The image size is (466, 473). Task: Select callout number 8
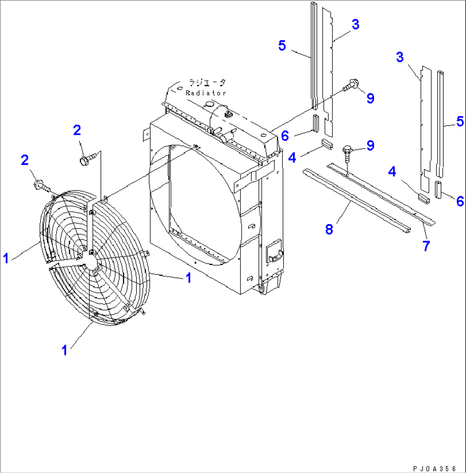(328, 229)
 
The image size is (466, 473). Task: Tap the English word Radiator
(206, 92)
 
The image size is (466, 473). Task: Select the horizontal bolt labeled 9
(351, 85)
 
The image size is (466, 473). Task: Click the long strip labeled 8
(355, 201)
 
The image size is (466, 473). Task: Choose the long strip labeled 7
(380, 192)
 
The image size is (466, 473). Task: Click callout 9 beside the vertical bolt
(370, 145)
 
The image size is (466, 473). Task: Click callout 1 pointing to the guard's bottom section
(64, 350)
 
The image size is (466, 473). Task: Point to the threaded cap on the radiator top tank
(227, 114)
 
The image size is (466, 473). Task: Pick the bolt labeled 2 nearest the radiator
(85, 160)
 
